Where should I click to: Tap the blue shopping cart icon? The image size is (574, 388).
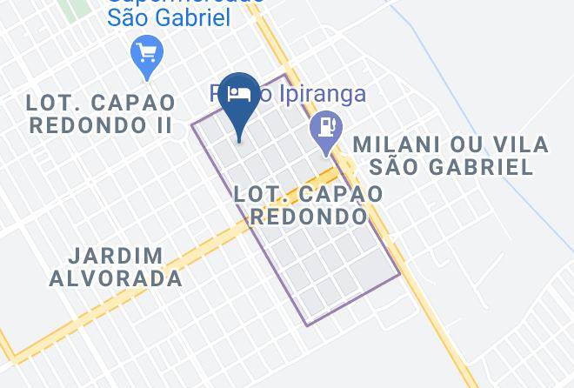pyautogui.click(x=145, y=53)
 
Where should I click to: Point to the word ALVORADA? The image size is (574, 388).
pyautogui.click(x=116, y=279)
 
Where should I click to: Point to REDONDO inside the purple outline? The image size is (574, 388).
pyautogui.click(x=308, y=216)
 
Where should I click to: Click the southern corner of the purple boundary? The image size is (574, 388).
pyautogui.click(x=306, y=325)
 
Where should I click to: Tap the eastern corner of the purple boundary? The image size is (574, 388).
pyautogui.click(x=400, y=275)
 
